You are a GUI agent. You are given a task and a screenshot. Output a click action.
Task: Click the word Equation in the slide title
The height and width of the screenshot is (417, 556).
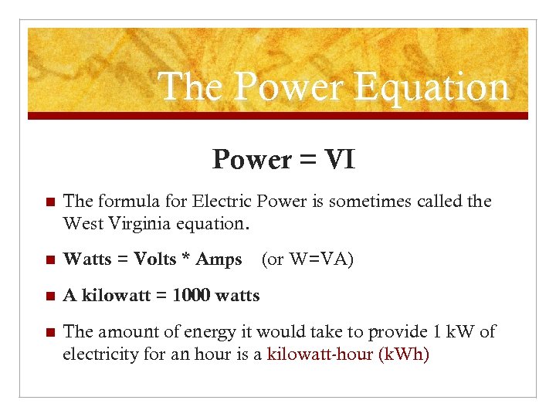(432, 86)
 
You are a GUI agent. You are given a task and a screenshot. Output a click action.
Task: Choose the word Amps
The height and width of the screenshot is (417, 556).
(219, 259)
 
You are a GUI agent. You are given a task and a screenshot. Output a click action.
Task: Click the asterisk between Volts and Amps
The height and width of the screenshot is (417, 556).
(185, 258)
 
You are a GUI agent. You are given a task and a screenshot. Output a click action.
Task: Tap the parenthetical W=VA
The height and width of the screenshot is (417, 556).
(307, 259)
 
